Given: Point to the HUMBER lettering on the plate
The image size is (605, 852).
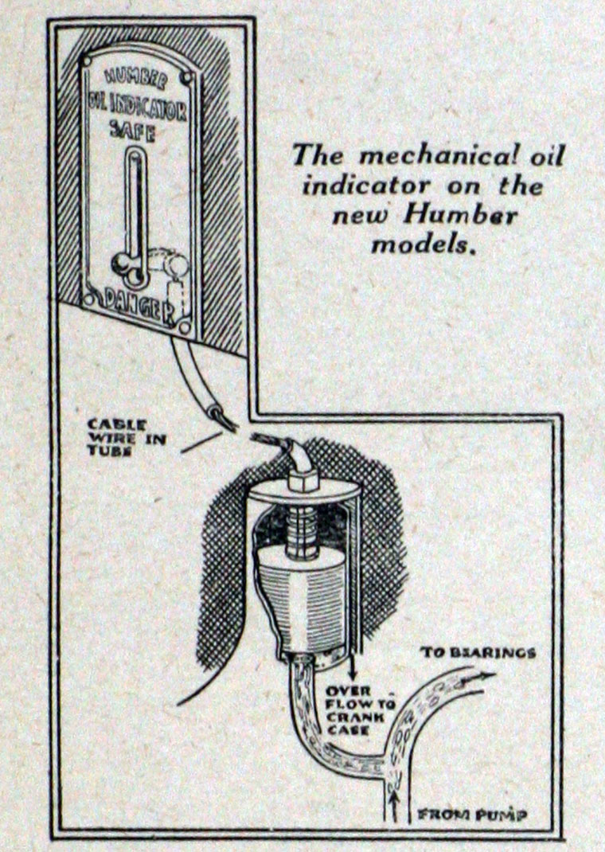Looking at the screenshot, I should coord(135,80).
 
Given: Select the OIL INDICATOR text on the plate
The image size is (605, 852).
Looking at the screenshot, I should coord(136,107).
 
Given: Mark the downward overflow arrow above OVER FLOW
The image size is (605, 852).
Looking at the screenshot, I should coord(351,661).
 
